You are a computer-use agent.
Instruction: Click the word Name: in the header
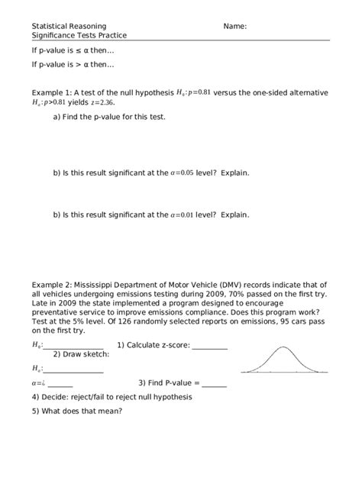tap(234, 26)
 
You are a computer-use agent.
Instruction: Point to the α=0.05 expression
tap(182, 173)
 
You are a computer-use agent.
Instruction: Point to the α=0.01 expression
tap(182, 215)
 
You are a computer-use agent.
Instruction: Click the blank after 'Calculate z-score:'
tap(209, 345)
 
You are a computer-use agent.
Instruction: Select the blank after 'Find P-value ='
tap(214, 383)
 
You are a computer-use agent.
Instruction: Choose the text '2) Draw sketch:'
tap(81, 354)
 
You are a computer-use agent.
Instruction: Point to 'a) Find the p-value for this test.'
tap(108, 117)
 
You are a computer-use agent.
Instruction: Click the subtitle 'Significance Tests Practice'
tap(79, 35)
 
